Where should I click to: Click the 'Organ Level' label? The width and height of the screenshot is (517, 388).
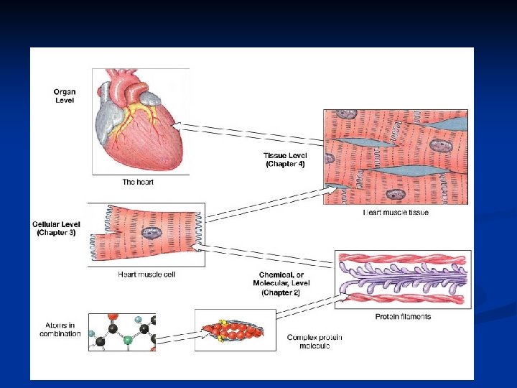point(65,96)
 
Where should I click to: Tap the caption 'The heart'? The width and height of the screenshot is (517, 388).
point(138,183)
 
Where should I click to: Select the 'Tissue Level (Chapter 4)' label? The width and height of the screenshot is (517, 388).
point(285,160)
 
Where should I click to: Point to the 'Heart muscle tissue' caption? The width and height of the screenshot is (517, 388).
point(396,213)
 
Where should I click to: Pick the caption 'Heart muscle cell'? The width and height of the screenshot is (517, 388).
point(146,274)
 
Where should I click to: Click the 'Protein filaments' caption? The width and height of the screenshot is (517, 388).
point(403,316)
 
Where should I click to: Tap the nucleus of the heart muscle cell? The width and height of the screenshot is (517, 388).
point(152,233)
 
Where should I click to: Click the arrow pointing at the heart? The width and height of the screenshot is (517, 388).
point(244,132)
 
